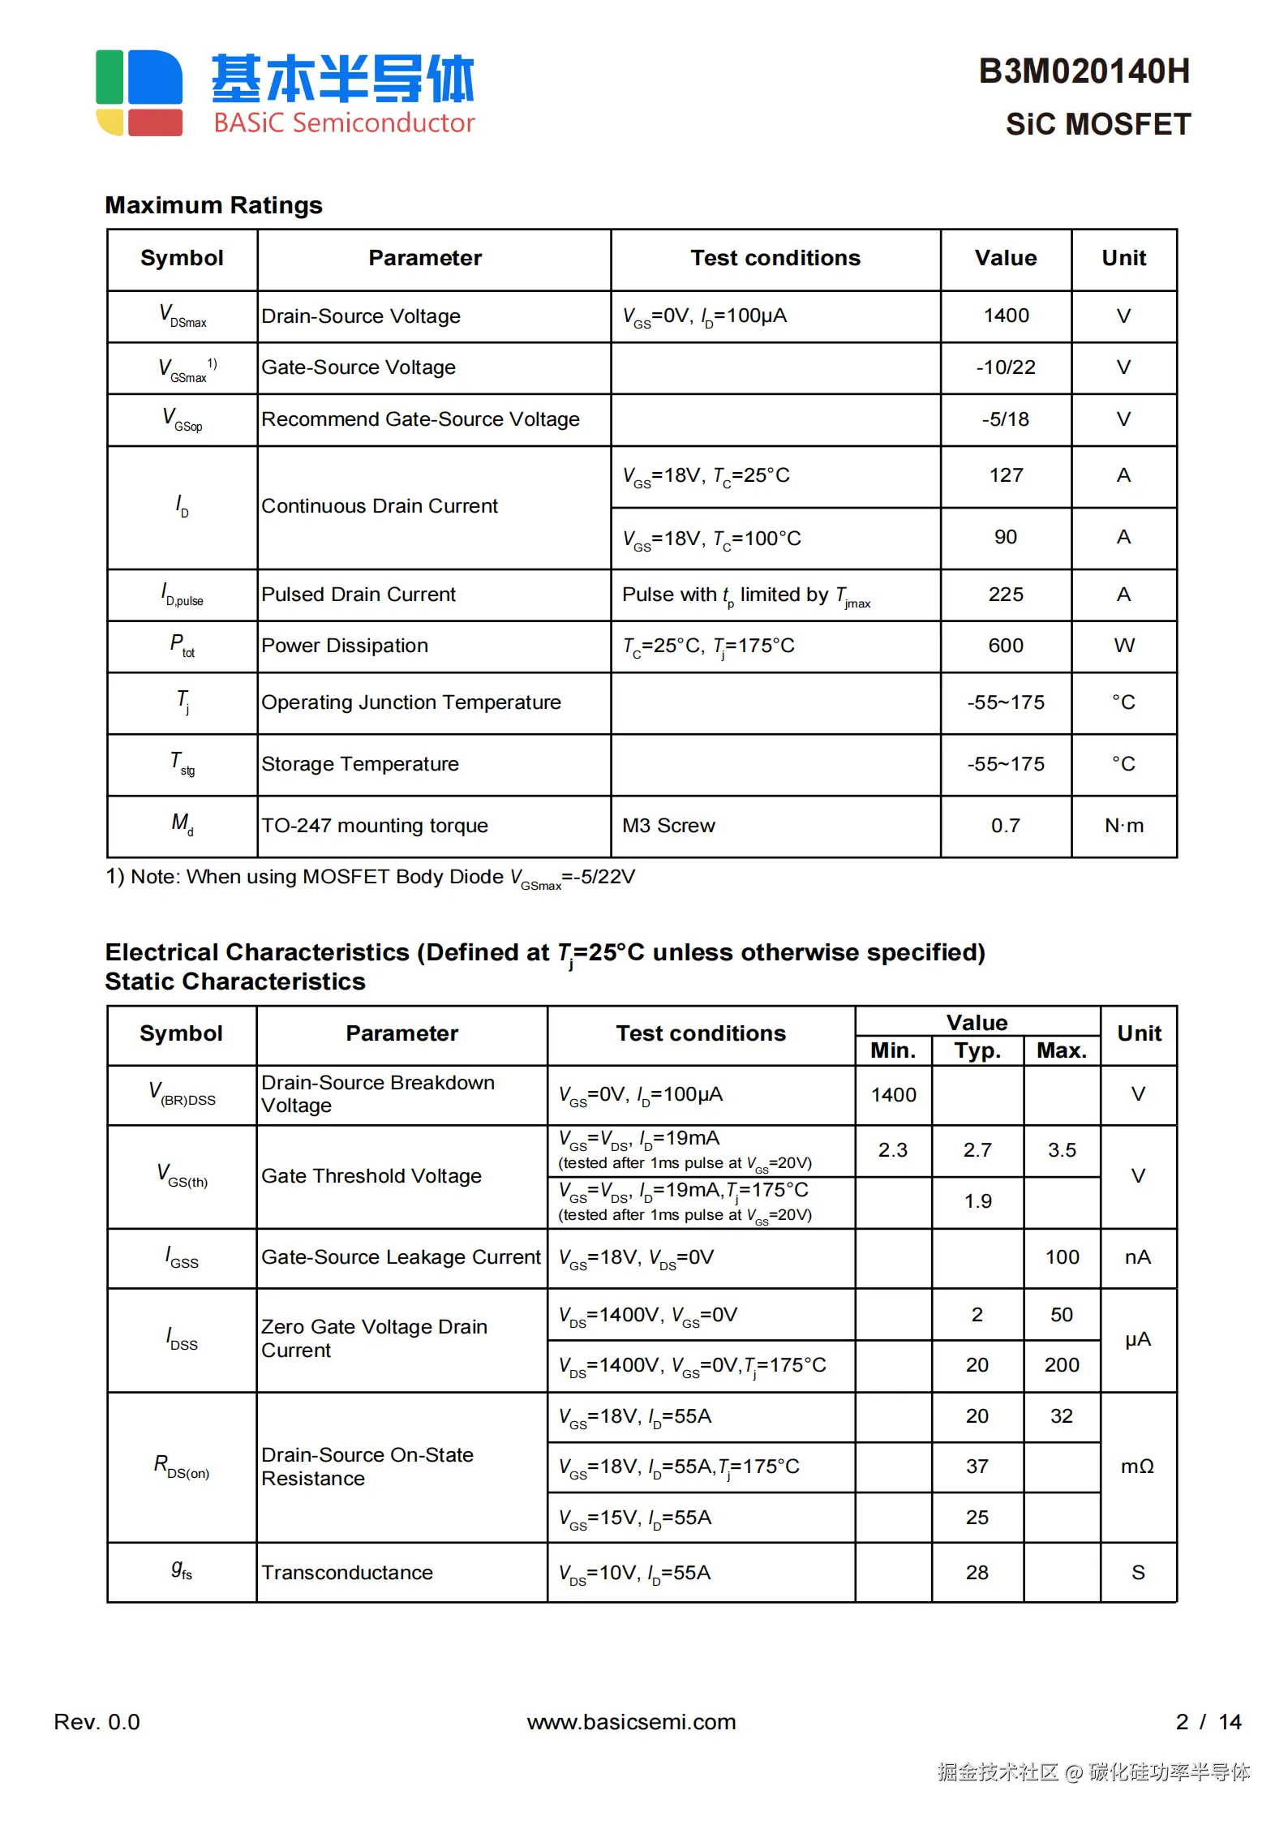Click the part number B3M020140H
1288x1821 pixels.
[x=1084, y=72]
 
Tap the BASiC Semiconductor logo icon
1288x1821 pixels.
[x=139, y=92]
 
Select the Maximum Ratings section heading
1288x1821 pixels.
[x=214, y=205]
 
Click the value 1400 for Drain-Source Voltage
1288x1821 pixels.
[x=1006, y=316]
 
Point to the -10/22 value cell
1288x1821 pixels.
[x=1006, y=367]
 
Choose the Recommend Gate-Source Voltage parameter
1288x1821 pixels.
[x=420, y=419]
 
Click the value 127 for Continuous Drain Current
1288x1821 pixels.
[x=1006, y=475]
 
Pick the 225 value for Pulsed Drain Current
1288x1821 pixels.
[x=1006, y=595]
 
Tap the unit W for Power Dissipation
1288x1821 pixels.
[x=1123, y=646]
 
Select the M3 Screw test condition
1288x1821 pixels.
[x=668, y=826]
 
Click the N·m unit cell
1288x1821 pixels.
[x=1124, y=826]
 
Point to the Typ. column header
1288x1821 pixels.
[x=977, y=1051]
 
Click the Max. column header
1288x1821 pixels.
[x=1062, y=1051]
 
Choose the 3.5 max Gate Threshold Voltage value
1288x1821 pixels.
[x=1062, y=1150]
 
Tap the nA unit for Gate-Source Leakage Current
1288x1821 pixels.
[x=1138, y=1257]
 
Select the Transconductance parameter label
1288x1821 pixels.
[x=347, y=1573]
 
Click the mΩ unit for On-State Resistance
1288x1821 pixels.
[x=1137, y=1467]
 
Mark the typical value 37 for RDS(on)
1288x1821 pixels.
[x=977, y=1467]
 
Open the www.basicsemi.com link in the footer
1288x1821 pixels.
[x=631, y=1722]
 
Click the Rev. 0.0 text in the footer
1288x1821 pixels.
[x=97, y=1722]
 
